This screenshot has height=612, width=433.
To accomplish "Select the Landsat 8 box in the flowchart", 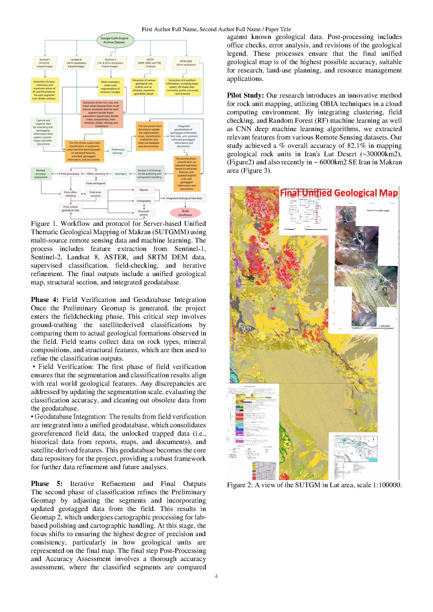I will tap(76, 63).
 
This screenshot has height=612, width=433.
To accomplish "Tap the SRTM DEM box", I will tap(186, 63).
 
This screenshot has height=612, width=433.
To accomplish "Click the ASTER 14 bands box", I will tap(150, 63).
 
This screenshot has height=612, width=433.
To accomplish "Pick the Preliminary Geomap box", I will tap(117, 151).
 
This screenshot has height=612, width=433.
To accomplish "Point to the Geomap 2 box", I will tap(120, 174).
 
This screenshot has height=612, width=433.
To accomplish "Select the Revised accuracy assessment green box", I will tap(41, 174).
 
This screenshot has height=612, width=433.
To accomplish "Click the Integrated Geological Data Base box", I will tap(184, 198).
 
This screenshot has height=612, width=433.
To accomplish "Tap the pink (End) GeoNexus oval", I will tap(185, 213).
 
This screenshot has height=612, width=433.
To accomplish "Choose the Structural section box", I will tap(143, 213).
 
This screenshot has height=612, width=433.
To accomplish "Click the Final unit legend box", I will tap(96, 183).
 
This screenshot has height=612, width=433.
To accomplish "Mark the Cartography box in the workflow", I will tap(144, 201).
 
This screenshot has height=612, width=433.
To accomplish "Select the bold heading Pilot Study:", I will tap(245, 96).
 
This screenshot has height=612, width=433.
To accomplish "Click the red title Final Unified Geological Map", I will tap(338, 193).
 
